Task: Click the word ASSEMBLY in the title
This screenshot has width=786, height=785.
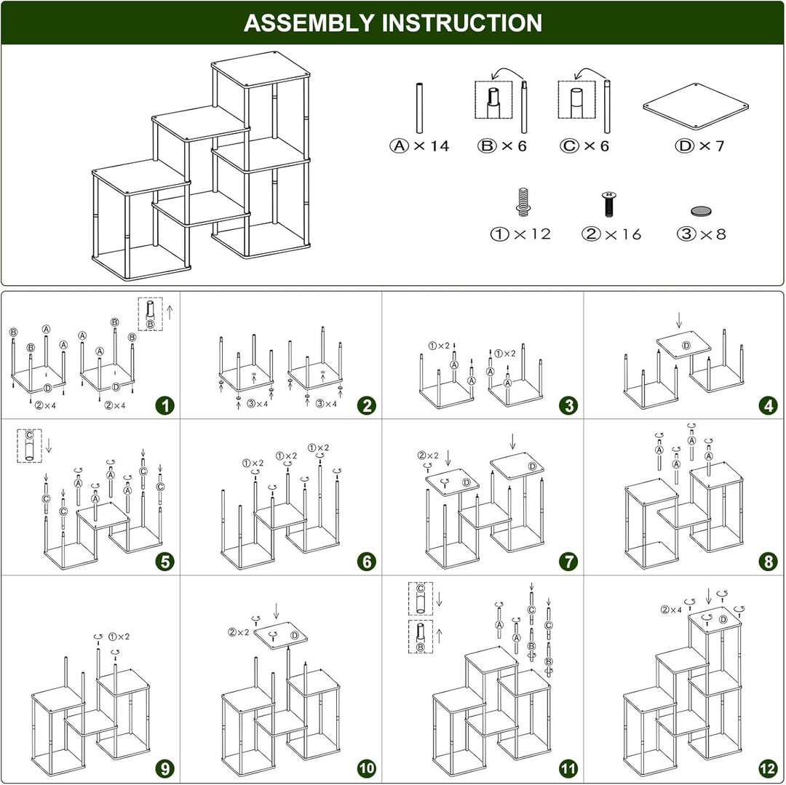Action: click(x=309, y=23)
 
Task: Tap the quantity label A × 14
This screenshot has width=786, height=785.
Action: click(x=420, y=146)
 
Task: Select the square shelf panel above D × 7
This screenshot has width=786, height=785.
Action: click(x=696, y=106)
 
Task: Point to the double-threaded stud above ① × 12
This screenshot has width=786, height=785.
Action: click(x=523, y=202)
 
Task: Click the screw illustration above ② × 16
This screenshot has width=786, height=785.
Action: click(x=608, y=204)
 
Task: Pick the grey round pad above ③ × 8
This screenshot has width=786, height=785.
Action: click(x=701, y=212)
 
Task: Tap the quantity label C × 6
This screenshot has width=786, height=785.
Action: click(x=584, y=146)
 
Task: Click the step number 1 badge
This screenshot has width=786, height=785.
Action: click(x=165, y=405)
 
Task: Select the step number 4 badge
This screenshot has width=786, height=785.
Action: click(x=769, y=405)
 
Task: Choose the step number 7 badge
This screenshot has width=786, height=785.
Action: click(x=568, y=562)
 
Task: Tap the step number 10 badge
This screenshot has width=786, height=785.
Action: click(x=366, y=768)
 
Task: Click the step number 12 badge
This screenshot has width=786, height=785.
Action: click(x=768, y=768)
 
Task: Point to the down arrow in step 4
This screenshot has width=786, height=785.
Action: click(x=679, y=319)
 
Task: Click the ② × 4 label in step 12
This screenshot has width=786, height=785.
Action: click(x=671, y=610)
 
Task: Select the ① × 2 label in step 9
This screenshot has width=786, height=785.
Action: click(x=119, y=636)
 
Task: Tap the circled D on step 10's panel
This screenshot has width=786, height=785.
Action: click(x=295, y=635)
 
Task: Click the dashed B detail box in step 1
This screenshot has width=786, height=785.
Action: click(x=151, y=314)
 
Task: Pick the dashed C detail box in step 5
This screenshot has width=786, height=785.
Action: click(x=29, y=445)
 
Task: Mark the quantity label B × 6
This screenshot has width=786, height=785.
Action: click(x=501, y=146)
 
